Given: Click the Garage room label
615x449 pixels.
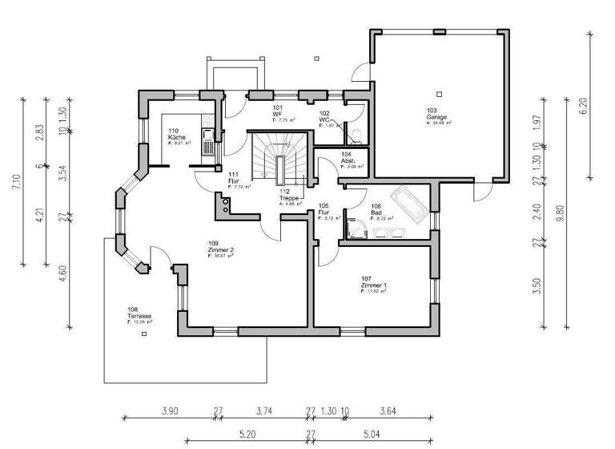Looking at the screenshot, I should [x=436, y=117].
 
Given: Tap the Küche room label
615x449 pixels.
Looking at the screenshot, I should [x=177, y=137].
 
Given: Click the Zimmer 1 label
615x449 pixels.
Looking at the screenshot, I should [x=373, y=286].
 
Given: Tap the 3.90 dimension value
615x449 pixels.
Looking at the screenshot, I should [x=169, y=411].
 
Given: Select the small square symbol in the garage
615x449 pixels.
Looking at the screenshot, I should [x=438, y=94].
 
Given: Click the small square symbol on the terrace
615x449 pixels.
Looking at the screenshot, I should [x=143, y=334].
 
